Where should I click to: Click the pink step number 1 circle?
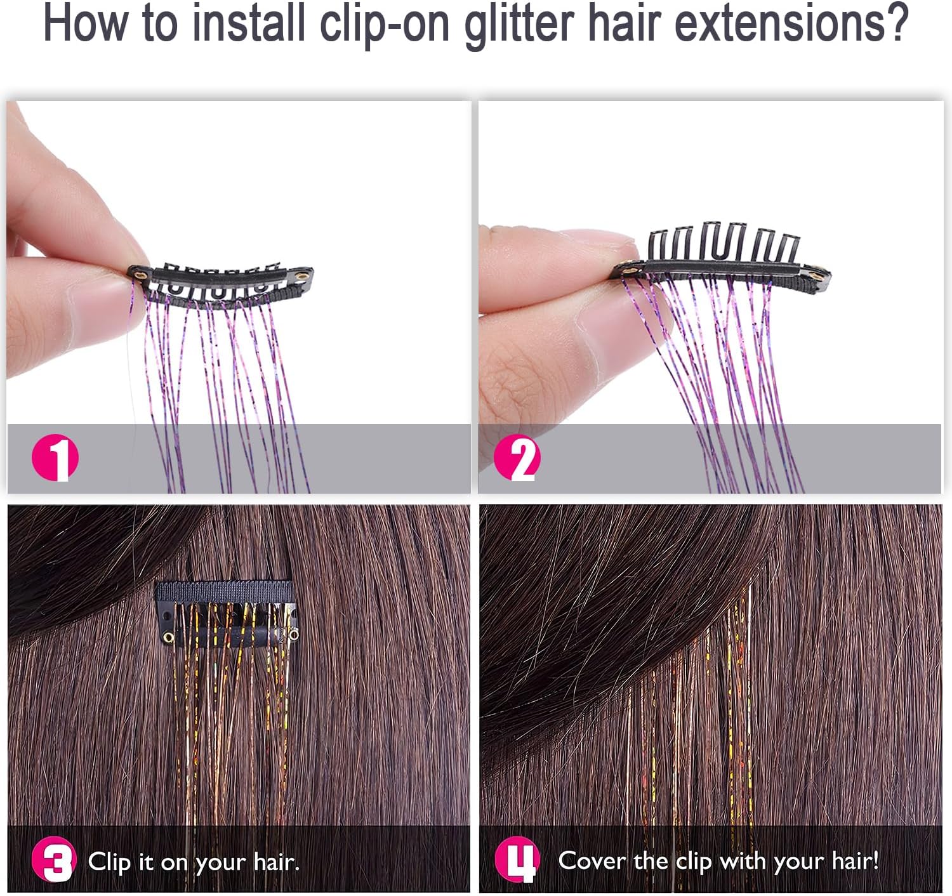coord(55,457)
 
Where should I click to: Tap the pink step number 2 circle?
coord(517,458)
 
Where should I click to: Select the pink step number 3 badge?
coord(54,860)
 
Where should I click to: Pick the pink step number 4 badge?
coord(517,860)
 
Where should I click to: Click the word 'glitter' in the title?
coord(519,24)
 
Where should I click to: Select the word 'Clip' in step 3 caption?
coord(109,862)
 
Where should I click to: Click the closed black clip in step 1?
coord(222,280)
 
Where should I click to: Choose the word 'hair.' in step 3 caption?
coord(276,862)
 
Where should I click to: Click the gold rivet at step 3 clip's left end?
coord(168,637)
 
